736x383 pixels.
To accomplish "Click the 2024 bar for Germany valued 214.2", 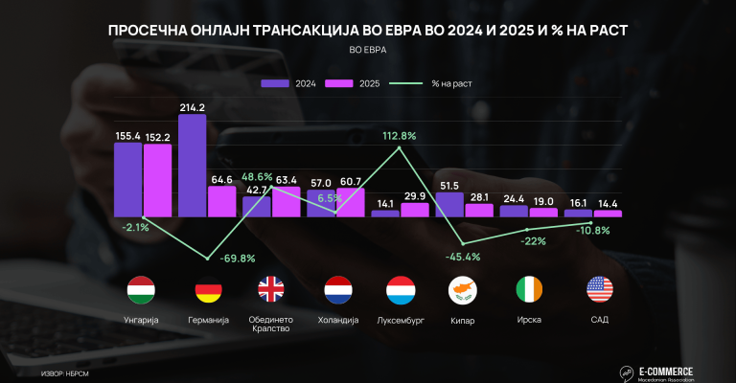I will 192,165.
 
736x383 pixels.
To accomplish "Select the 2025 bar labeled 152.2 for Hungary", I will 157,180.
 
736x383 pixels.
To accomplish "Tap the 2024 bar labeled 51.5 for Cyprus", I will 449,204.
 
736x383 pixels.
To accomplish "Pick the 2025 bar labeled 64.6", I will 221,201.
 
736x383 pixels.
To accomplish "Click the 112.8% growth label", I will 399,136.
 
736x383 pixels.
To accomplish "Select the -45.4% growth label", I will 463,257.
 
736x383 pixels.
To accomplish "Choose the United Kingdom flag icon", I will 270,288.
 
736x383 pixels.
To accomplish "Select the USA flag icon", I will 599,288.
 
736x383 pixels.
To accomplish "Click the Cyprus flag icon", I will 463,288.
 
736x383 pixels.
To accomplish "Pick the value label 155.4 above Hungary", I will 127,137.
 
